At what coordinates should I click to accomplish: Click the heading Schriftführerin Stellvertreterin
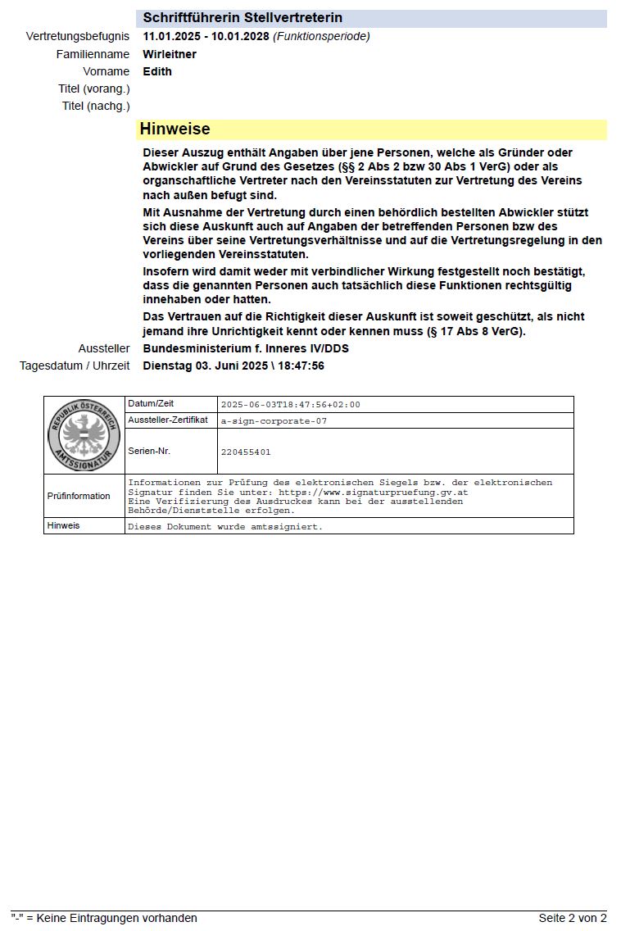(x=243, y=18)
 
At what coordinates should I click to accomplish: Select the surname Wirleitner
(x=170, y=54)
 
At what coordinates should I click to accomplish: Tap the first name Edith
(x=157, y=71)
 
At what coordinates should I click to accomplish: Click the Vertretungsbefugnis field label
(x=78, y=36)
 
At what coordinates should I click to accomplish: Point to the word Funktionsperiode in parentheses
(x=321, y=36)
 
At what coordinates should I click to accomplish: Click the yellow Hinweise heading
(x=175, y=129)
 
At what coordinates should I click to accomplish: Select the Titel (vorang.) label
(x=94, y=89)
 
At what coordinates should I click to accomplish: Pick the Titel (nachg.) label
(x=96, y=106)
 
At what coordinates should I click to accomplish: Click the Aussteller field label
(x=104, y=348)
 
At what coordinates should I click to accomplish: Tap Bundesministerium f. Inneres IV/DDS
(x=246, y=348)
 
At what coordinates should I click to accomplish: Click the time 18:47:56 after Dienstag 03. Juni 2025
(x=299, y=366)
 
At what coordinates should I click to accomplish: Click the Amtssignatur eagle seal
(x=84, y=435)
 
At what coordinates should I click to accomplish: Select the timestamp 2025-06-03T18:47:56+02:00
(x=290, y=405)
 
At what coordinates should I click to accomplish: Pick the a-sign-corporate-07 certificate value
(x=274, y=420)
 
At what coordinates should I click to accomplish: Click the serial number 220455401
(x=246, y=452)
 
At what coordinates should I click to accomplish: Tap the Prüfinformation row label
(x=79, y=496)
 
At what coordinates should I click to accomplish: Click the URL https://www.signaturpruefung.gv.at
(x=373, y=493)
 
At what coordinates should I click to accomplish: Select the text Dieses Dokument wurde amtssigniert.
(x=225, y=527)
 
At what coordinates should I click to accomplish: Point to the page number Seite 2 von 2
(x=573, y=918)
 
